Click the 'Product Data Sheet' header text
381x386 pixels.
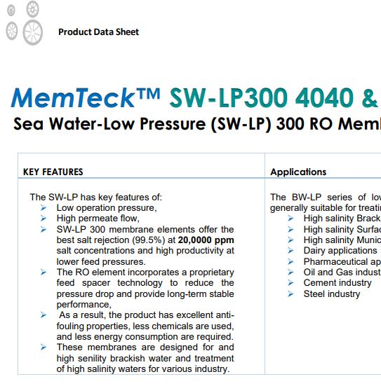click(x=98, y=32)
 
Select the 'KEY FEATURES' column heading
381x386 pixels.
click(x=53, y=172)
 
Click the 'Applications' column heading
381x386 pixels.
click(x=298, y=172)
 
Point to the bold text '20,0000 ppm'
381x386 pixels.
click(x=206, y=240)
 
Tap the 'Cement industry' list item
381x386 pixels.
click(x=337, y=283)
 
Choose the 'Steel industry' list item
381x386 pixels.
click(x=332, y=294)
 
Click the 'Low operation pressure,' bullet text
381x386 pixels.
click(x=107, y=208)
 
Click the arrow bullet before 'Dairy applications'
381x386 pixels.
click(x=290, y=250)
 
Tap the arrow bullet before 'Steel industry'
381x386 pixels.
click(x=290, y=294)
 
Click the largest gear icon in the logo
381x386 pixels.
click(x=32, y=32)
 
